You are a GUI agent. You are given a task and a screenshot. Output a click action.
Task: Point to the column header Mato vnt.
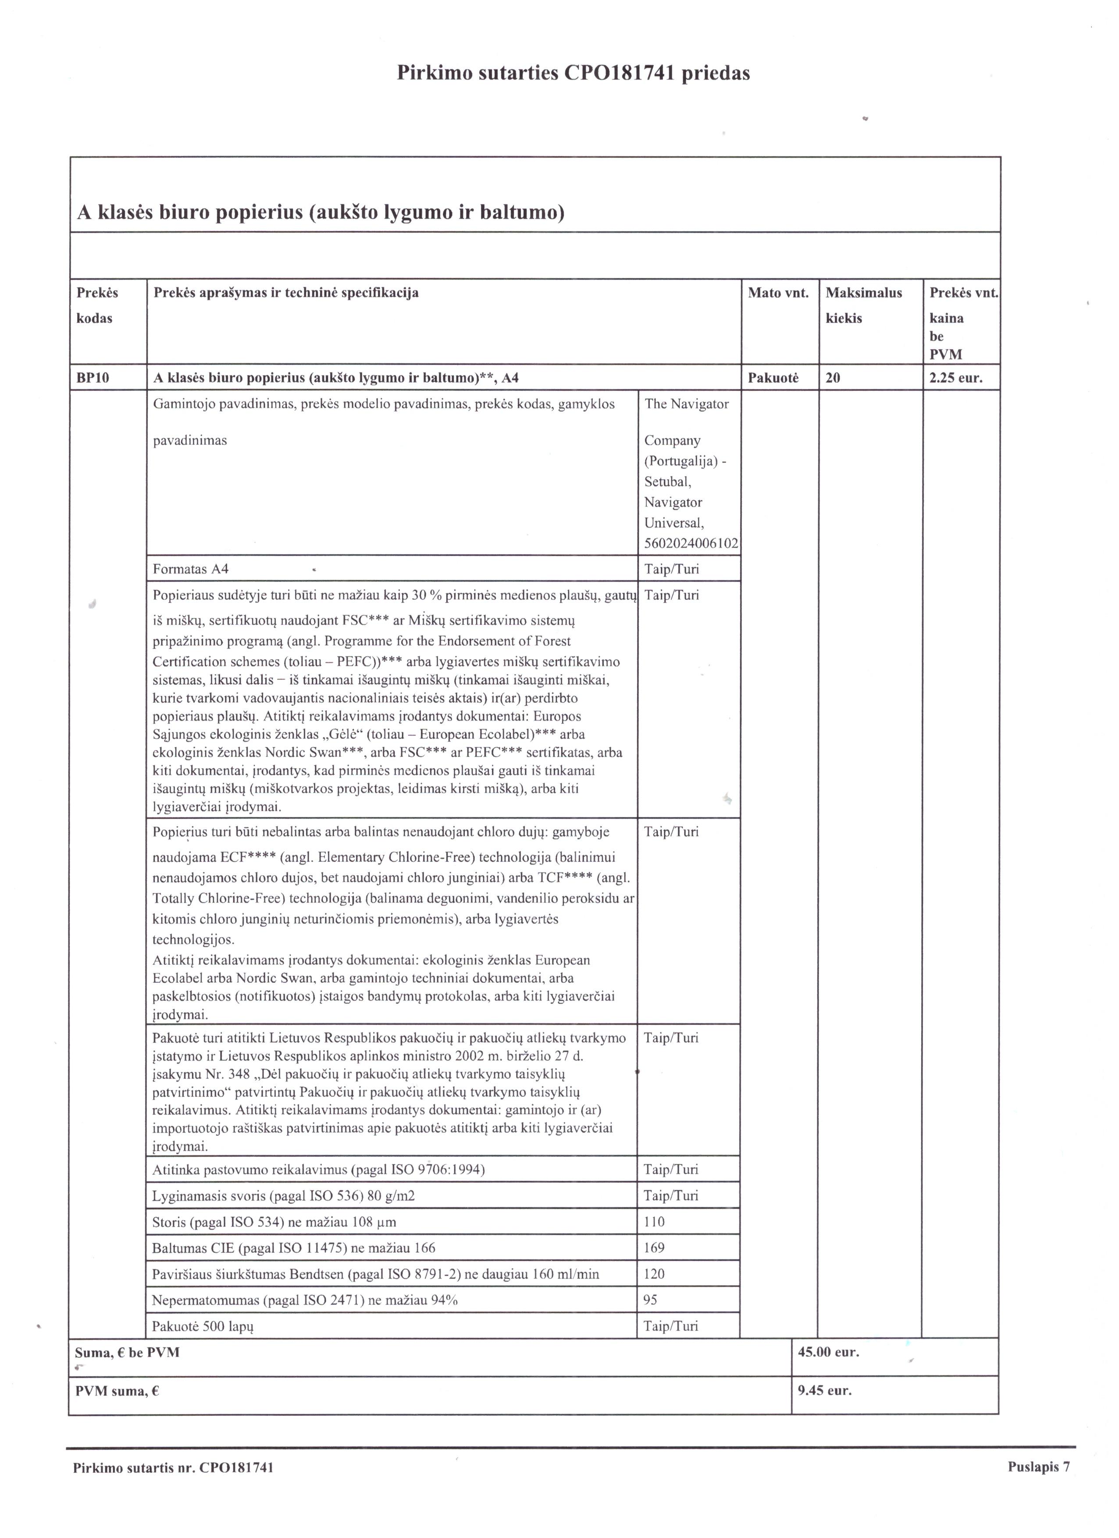point(778,293)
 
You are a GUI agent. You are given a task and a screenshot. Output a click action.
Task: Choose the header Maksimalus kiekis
point(863,305)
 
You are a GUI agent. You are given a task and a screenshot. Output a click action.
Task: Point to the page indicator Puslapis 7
point(1038,1467)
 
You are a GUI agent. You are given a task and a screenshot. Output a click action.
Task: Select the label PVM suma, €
point(117,1392)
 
